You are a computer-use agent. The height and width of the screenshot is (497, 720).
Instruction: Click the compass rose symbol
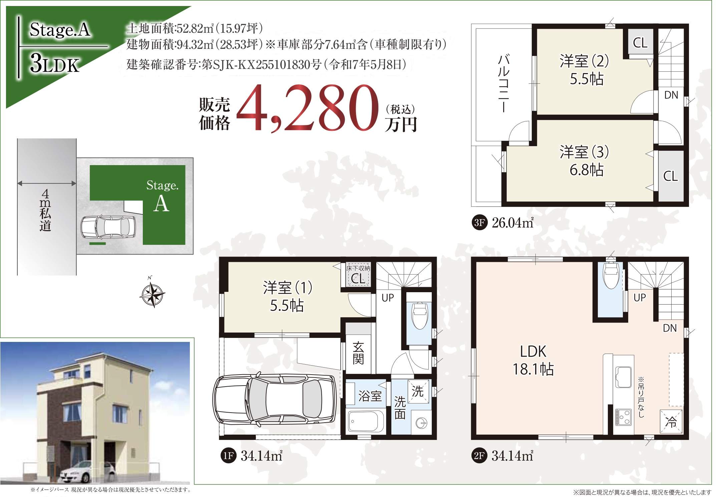tap(152, 293)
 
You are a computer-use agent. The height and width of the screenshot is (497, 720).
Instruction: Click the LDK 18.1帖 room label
tap(533, 360)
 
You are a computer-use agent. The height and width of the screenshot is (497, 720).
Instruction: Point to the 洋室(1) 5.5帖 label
tap(287, 296)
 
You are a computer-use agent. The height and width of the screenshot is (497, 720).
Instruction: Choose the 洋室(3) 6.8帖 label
tap(584, 160)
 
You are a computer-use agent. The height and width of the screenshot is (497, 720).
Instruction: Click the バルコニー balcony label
tap(503, 83)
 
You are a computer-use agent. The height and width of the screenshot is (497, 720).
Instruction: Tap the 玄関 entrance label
tap(358, 353)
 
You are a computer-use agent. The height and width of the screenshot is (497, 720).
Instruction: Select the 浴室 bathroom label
tap(370, 396)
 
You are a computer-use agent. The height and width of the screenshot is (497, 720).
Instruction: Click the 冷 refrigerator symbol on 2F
tap(671, 421)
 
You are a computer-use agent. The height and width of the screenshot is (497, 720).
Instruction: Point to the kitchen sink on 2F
tap(623, 377)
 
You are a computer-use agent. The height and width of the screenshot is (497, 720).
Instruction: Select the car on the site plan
tap(108, 227)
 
